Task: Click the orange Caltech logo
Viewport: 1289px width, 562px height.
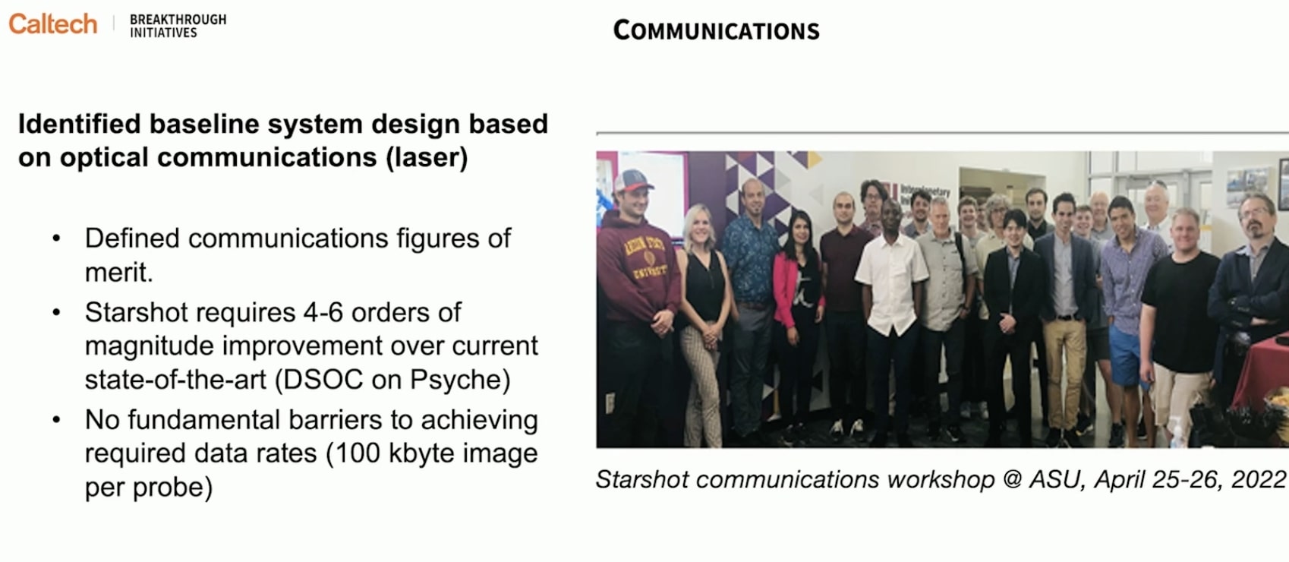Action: coord(53,24)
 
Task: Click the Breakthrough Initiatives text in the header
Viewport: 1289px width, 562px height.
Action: coord(178,26)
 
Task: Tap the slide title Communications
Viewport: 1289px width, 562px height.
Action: coord(716,30)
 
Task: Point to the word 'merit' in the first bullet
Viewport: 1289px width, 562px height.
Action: coord(116,272)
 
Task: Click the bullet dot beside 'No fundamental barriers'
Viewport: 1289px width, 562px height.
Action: coord(56,419)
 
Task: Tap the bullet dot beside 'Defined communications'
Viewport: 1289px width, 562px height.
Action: coord(56,238)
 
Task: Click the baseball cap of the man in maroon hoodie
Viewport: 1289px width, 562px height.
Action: coord(632,182)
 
